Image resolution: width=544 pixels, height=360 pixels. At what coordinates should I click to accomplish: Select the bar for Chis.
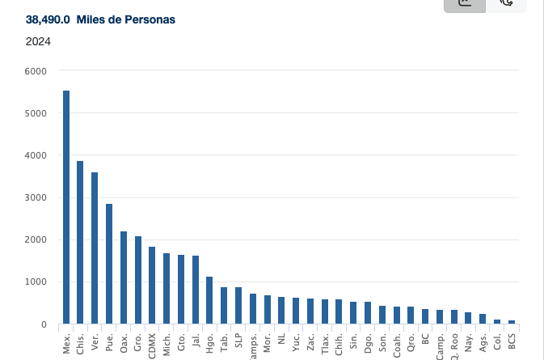(x=80, y=243)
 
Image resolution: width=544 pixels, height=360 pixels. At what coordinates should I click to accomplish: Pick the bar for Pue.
(x=109, y=264)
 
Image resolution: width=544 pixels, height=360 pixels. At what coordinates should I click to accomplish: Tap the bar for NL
(x=281, y=311)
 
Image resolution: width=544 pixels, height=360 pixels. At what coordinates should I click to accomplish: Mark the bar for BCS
(x=512, y=322)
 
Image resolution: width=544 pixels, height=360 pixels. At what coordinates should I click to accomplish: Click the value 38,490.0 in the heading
(x=48, y=19)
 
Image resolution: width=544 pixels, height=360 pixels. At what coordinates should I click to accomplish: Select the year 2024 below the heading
(x=38, y=41)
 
